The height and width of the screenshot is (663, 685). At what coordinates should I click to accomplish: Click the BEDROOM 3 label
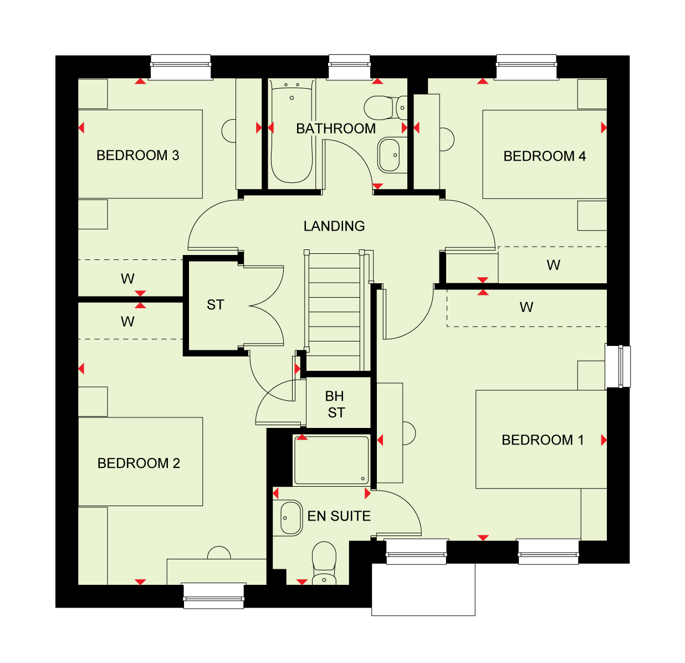coord(137,155)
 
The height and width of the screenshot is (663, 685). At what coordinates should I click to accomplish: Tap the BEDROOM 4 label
coord(544,156)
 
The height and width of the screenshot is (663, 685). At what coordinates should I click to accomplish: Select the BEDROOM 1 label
coord(543,440)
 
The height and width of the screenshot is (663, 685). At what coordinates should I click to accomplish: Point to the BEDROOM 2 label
coord(139,463)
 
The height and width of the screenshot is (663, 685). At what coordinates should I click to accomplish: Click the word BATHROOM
coord(336,129)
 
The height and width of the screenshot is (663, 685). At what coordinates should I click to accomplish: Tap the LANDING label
coord(334,226)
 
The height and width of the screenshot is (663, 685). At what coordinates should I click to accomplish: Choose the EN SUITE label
coord(339,516)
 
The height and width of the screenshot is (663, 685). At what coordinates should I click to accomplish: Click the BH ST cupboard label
coord(335,404)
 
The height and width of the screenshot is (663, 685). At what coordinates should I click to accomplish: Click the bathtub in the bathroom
coord(292,131)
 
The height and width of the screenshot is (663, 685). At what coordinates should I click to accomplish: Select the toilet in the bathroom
coord(385,108)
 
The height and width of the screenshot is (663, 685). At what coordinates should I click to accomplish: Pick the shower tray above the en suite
coord(331,460)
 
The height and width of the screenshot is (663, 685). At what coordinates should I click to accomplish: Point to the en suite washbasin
coord(291,518)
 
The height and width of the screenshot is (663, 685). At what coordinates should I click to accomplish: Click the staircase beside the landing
coord(334,311)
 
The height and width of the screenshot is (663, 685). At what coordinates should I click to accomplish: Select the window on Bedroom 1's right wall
coord(618,366)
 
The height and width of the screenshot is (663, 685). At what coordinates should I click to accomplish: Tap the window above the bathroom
coord(349,67)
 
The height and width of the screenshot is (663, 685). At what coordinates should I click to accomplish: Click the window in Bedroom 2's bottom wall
coord(214,595)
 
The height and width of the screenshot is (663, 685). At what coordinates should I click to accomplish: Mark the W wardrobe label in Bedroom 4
coord(553,265)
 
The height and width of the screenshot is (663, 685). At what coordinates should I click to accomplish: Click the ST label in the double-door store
coord(216,305)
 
